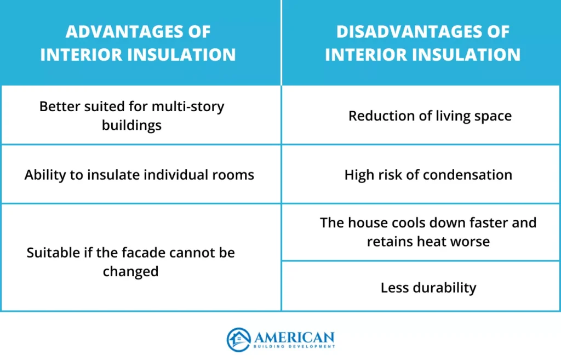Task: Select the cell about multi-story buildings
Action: (x=132, y=116)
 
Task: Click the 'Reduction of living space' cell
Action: (x=430, y=116)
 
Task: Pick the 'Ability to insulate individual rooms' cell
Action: (x=139, y=175)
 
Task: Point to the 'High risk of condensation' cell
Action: (x=428, y=175)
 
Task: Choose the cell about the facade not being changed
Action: (x=131, y=262)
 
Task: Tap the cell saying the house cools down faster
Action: (x=428, y=232)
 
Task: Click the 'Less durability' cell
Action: (x=428, y=288)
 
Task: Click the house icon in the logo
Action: (x=238, y=339)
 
